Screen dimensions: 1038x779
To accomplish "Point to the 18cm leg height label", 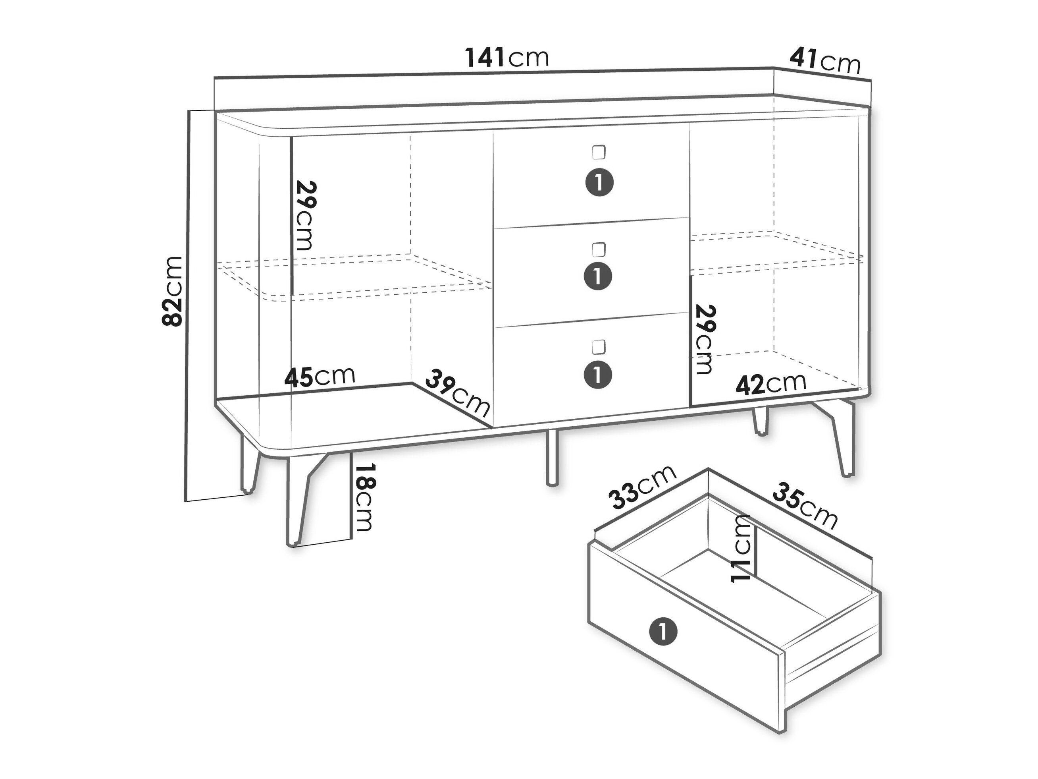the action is coord(364,498).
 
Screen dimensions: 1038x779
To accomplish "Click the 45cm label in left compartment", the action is coord(320,377).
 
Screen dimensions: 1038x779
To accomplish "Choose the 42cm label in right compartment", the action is coord(771,384).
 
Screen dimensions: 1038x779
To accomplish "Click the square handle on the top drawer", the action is coord(598,153).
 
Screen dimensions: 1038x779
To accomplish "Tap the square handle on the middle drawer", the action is coord(598,249).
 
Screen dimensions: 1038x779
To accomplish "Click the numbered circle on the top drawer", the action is coord(599,182).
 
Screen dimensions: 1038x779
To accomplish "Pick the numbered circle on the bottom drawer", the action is coord(598,375).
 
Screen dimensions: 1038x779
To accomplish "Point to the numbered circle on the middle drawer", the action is coord(598,276).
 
